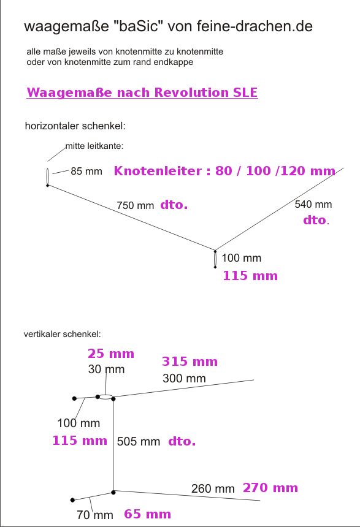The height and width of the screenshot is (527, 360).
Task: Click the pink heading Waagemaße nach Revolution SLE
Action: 142,93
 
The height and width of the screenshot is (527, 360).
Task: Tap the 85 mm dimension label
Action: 86,171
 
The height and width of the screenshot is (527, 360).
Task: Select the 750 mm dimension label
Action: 136,205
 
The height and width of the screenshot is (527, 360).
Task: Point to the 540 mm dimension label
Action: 313,204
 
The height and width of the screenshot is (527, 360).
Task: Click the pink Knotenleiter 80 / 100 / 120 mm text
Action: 224,171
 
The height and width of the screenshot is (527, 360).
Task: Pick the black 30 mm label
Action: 106,369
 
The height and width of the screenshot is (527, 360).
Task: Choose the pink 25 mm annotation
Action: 111,353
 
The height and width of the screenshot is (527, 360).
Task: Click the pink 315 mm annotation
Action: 190,362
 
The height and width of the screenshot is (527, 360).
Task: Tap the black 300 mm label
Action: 184,378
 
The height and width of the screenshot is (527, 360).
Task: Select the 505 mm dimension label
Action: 138,441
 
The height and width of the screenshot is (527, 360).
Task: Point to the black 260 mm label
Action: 213,488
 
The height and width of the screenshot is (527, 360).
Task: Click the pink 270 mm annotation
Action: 270,488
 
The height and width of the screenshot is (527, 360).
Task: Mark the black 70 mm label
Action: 95,515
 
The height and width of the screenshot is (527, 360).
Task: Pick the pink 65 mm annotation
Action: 147,514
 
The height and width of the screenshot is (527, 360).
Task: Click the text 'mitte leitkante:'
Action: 94,146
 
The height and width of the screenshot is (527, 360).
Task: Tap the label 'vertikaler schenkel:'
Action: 62,334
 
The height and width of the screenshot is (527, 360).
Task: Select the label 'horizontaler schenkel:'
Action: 75,126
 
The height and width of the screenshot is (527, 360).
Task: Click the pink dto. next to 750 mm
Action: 174,205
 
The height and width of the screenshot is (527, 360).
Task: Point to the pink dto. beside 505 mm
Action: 182,441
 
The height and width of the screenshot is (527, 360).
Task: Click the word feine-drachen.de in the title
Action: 255,26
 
